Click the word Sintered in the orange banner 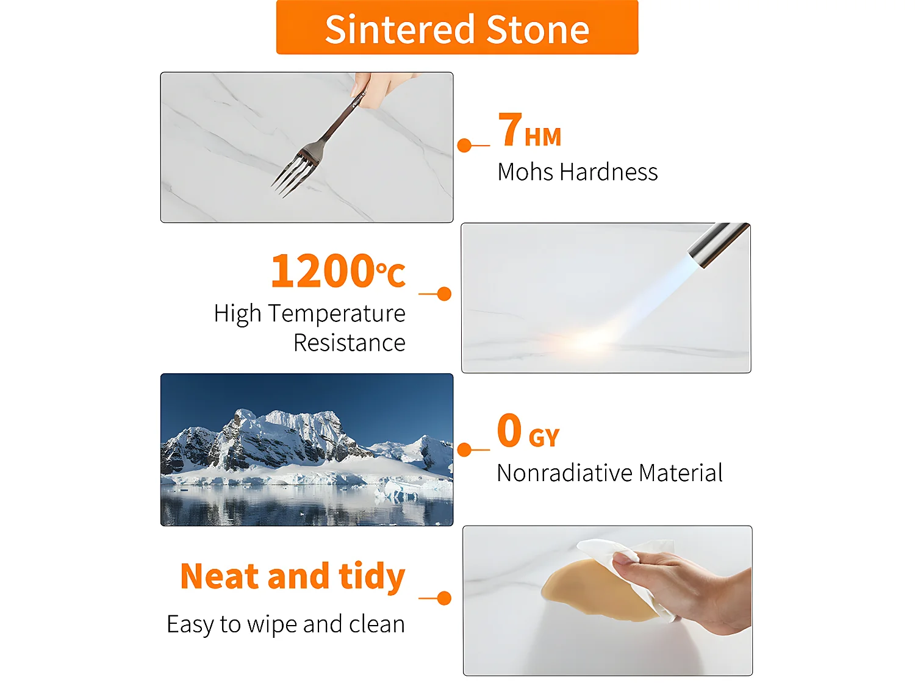[x=400, y=29]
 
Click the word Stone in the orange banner [x=538, y=29]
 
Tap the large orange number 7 [x=510, y=129]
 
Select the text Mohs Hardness [x=577, y=172]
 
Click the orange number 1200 [x=323, y=271]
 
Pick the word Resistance [x=350, y=343]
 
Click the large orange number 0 [x=509, y=430]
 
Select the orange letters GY [x=544, y=437]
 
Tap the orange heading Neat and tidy [x=293, y=577]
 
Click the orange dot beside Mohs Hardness [x=464, y=145]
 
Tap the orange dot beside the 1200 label [x=444, y=294]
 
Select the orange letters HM [x=543, y=137]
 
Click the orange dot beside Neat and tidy [x=444, y=598]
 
